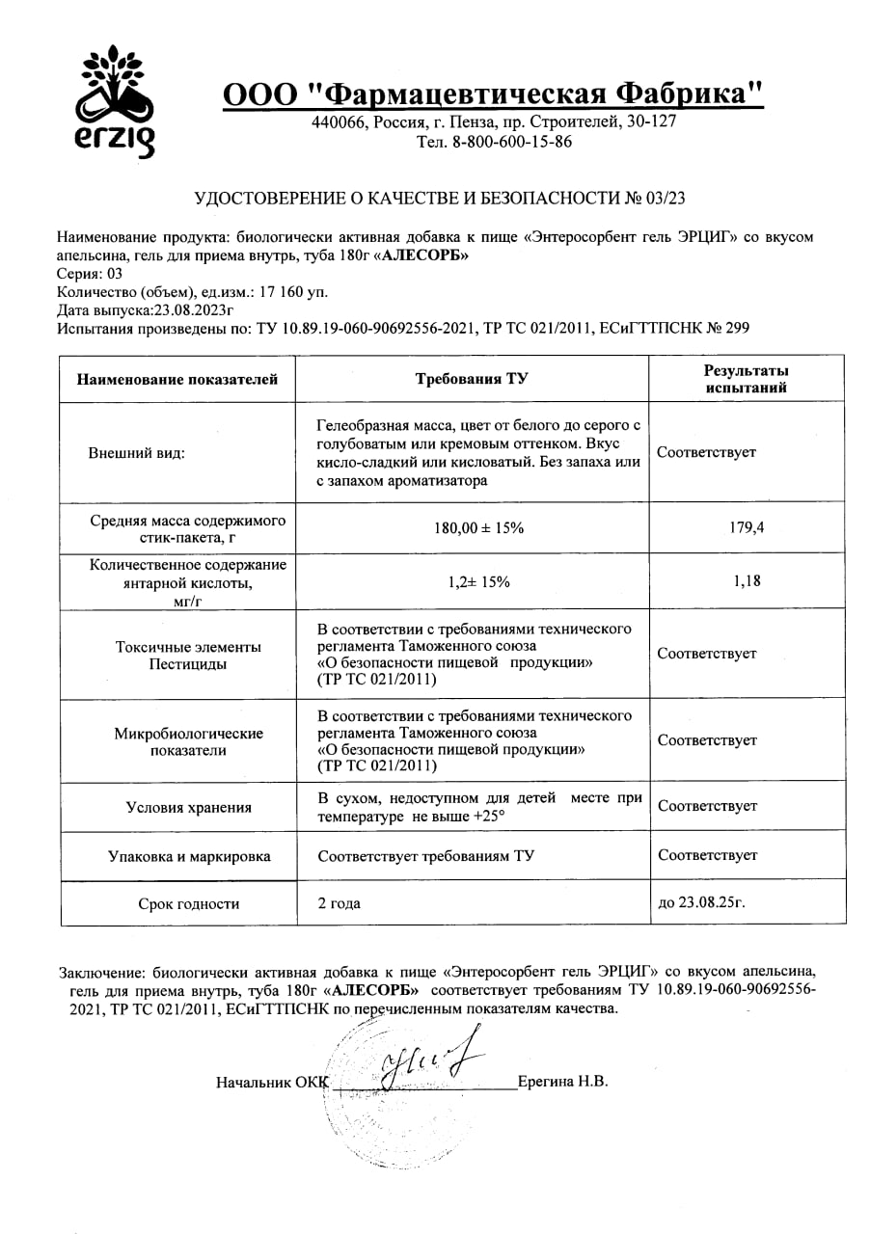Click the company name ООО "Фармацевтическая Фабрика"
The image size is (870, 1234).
click(493, 94)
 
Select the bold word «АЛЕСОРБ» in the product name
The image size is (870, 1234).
click(421, 255)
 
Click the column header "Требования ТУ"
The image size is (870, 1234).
click(472, 379)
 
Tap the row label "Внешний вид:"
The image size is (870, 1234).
click(136, 452)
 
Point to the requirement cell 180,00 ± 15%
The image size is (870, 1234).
click(472, 527)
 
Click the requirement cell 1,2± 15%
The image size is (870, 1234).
click(472, 581)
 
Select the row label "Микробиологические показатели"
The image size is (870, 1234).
click(189, 741)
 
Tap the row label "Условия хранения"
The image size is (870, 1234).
click(189, 808)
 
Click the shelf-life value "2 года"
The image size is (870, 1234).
click(342, 904)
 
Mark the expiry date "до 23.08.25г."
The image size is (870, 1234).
click(701, 903)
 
